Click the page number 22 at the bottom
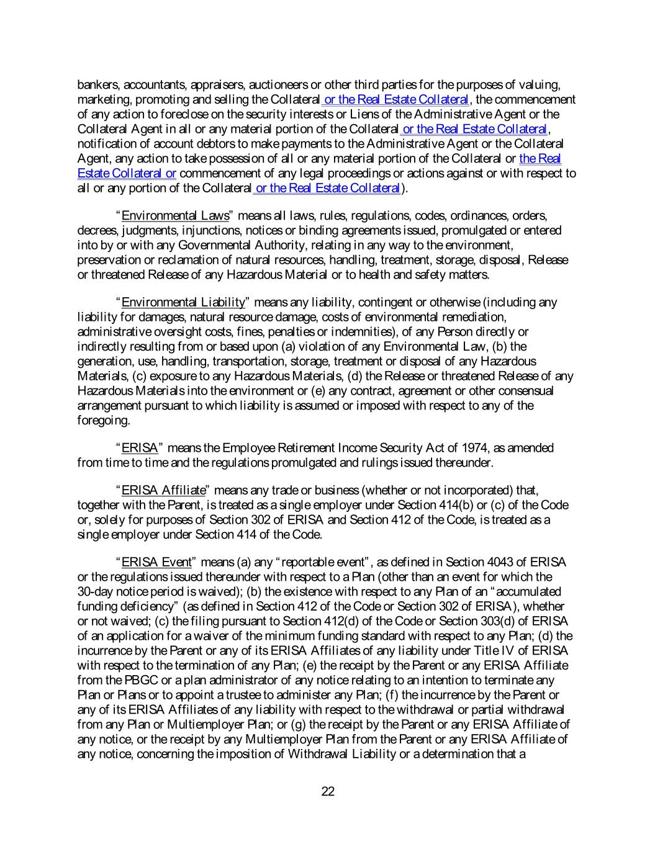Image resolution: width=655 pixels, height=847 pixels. pos(328,791)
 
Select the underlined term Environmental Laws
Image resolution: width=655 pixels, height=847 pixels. pos(175,216)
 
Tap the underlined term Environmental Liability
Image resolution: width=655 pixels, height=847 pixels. pos(183,303)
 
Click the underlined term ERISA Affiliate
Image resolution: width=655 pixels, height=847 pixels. pos(163,491)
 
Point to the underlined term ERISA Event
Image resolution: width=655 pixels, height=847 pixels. pos(156,562)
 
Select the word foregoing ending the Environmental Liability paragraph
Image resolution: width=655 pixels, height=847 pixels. pos(103,421)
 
